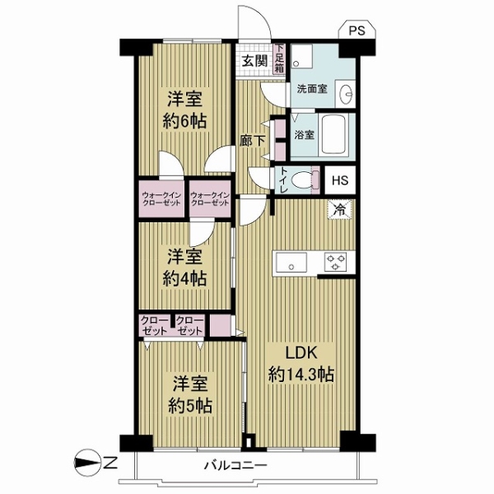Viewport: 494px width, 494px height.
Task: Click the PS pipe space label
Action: [357, 31]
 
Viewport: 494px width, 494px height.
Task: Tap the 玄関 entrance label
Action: [254, 61]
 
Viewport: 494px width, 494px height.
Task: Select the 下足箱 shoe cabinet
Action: [279, 59]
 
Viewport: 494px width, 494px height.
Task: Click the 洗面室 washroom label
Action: [312, 89]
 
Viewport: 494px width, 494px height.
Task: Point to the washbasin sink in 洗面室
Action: [345, 94]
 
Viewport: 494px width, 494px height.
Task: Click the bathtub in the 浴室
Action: [334, 134]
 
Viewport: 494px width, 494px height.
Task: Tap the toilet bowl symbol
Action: [301, 179]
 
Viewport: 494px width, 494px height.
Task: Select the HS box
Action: [340, 180]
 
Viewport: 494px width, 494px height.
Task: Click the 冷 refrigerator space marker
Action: [339, 209]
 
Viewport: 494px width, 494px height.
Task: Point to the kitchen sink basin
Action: [291, 263]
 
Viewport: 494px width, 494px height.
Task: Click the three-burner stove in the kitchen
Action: [336, 262]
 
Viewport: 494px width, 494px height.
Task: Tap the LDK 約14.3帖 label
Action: [301, 364]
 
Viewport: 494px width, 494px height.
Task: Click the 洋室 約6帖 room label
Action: [185, 110]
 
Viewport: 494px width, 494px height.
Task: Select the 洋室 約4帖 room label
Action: [185, 267]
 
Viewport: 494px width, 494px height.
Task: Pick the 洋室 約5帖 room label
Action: [190, 394]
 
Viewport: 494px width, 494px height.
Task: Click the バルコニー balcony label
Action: [236, 465]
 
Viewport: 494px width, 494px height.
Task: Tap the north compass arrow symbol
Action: [86, 463]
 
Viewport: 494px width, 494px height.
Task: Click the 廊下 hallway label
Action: [253, 141]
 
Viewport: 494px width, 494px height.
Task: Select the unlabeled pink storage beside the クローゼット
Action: [220, 325]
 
